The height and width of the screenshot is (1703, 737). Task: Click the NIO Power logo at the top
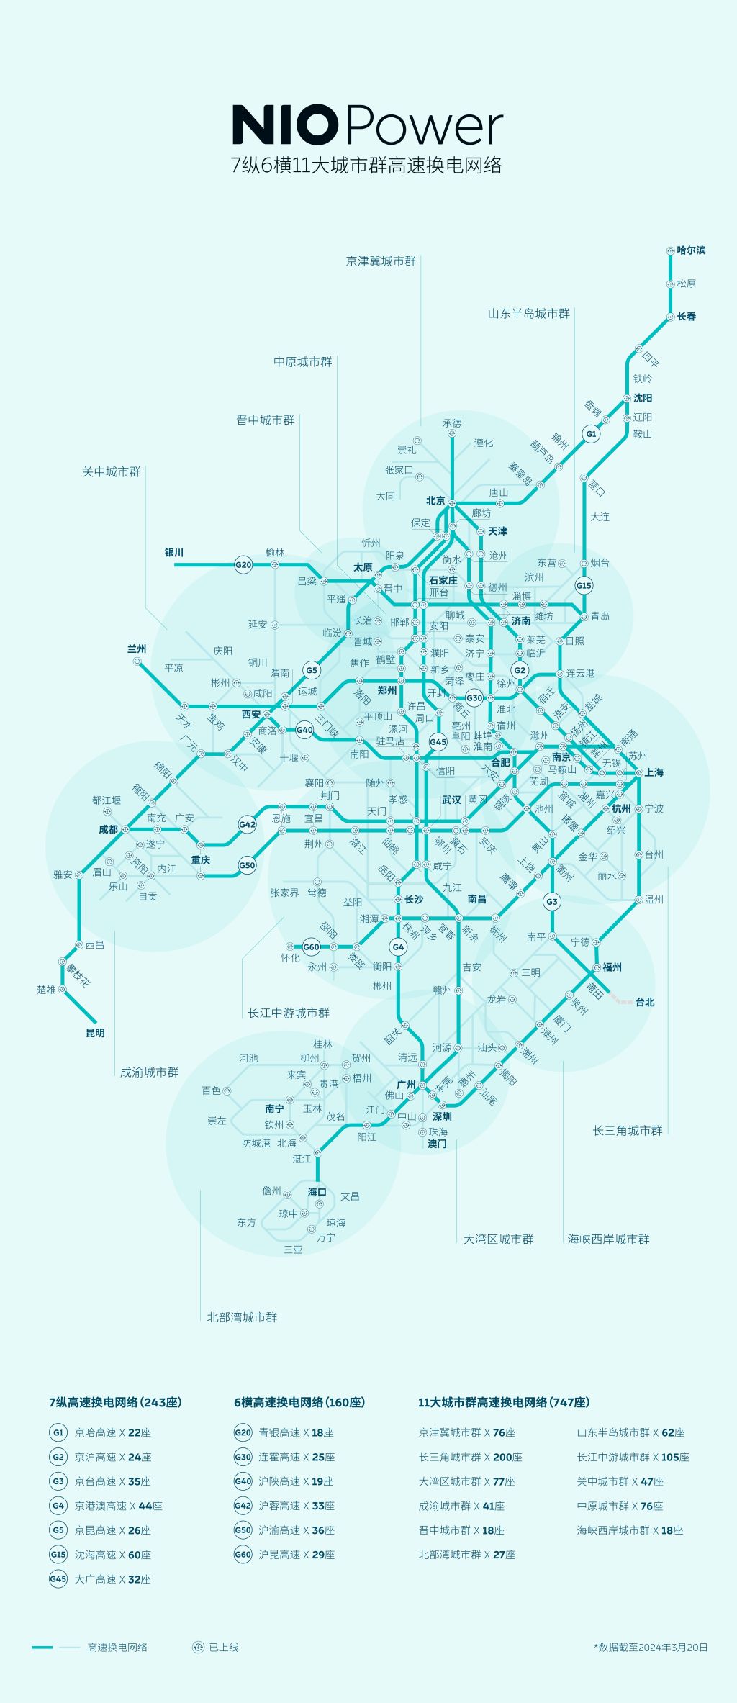(x=367, y=126)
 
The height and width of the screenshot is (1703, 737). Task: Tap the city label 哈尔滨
(x=691, y=250)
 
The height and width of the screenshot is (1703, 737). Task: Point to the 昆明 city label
(x=95, y=1033)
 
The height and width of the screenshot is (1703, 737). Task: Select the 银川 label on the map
(x=174, y=553)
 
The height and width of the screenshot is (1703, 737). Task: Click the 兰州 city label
(x=137, y=649)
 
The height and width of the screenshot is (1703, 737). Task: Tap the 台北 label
(x=645, y=1002)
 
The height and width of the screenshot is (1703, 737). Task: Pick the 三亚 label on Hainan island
(x=293, y=1250)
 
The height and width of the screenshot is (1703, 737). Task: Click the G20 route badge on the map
(x=243, y=565)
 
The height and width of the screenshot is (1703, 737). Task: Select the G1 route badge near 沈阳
(x=591, y=434)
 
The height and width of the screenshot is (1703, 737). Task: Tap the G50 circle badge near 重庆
(x=247, y=865)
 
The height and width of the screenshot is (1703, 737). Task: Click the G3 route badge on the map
(x=552, y=901)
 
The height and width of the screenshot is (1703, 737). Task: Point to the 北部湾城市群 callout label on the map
(x=242, y=1317)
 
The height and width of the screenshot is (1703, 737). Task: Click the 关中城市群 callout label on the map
(x=112, y=472)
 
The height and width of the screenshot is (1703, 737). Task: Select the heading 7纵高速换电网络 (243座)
(x=115, y=1402)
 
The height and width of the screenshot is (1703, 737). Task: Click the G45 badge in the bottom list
(x=58, y=1579)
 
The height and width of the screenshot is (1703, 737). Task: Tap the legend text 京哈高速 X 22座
(x=113, y=1432)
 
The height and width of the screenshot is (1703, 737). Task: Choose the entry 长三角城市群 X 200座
(x=471, y=1457)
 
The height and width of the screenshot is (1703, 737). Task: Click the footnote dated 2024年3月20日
(x=651, y=1647)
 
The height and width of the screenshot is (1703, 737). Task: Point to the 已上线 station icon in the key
(x=199, y=1647)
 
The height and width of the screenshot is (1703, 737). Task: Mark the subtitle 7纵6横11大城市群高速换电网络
(x=366, y=166)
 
